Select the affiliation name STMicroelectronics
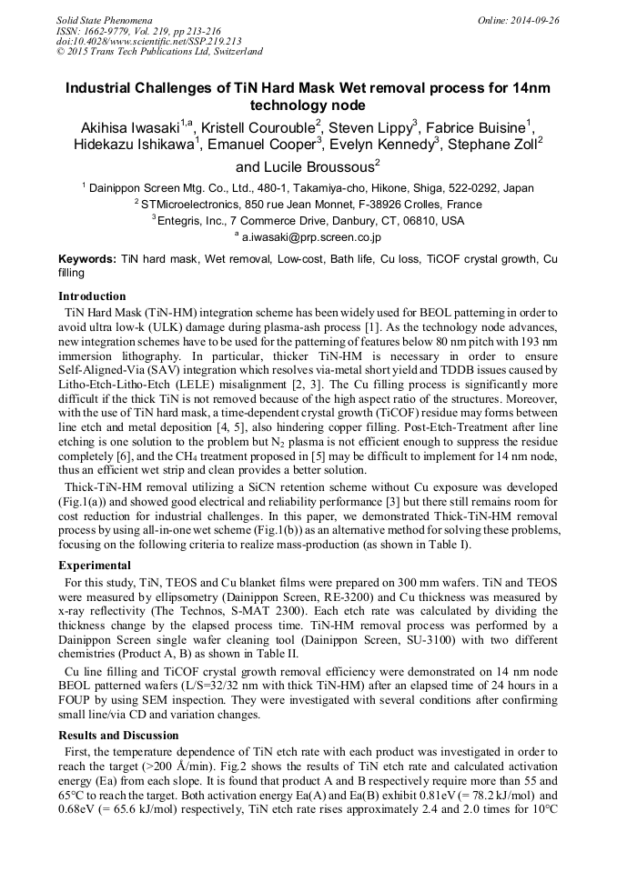pos(191,205)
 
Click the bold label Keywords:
pos(87,259)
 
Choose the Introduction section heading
pos(92,296)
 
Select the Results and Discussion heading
pos(118,735)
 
